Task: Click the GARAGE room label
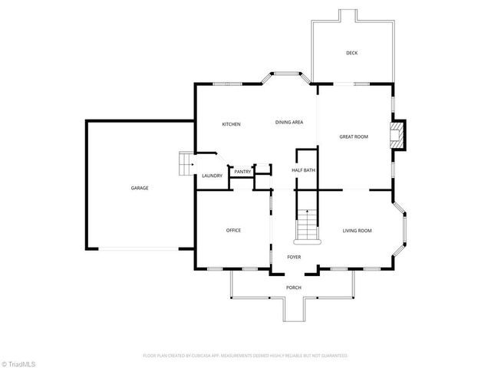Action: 139,188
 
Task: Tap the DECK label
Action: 351,53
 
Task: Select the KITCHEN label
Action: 232,124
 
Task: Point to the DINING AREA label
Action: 289,122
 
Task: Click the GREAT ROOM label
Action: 354,136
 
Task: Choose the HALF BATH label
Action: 303,170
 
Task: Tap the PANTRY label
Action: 242,172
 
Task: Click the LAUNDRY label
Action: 212,176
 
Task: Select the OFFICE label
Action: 233,230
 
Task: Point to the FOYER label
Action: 294,258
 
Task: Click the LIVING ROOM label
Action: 357,230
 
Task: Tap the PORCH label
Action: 293,287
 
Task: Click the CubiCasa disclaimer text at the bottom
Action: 245,356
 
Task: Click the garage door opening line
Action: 140,248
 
